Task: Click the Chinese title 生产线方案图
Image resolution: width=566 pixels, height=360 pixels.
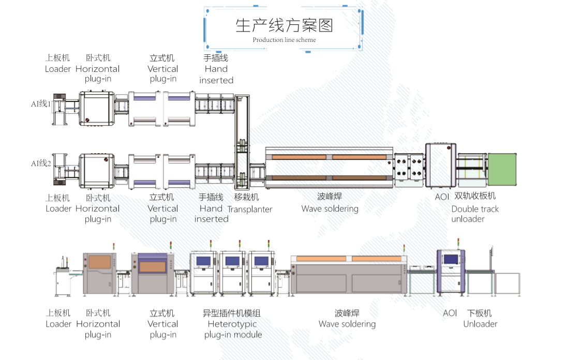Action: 284,25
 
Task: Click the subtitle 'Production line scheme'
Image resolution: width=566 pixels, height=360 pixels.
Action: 284,40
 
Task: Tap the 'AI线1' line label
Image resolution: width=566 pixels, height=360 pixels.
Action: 41,103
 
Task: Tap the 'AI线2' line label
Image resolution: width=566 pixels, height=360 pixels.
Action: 41,163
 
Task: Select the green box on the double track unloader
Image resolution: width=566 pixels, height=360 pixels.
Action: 502,169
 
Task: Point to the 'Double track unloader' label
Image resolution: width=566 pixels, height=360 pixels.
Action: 474,214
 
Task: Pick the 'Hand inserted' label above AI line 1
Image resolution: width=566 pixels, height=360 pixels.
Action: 216,69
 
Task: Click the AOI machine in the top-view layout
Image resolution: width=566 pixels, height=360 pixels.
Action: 441,166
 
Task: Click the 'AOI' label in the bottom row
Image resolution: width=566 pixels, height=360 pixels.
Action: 450,313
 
